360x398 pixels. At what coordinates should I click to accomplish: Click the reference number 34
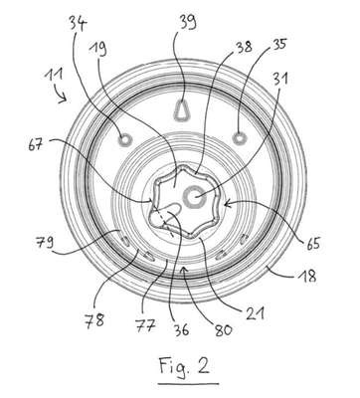78,25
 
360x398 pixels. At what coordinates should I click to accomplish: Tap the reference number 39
188,22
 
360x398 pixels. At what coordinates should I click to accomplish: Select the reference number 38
244,47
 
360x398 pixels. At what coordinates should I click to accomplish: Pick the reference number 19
97,50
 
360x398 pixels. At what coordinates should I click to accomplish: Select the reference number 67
36,144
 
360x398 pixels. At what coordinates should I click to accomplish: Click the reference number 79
45,242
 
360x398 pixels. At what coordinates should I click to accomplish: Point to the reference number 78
94,320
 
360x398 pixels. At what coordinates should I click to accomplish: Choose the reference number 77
145,325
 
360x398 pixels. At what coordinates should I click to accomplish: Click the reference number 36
181,329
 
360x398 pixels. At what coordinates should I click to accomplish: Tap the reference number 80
224,330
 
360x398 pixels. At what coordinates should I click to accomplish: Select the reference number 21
255,313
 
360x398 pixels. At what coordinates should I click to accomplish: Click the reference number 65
313,244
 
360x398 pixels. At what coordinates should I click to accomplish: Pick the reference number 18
309,276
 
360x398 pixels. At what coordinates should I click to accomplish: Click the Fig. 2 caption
184,367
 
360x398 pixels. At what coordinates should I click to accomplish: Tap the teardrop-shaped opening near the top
182,110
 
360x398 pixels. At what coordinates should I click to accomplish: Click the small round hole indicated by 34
125,139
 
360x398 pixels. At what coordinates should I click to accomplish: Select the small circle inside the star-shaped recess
194,197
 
